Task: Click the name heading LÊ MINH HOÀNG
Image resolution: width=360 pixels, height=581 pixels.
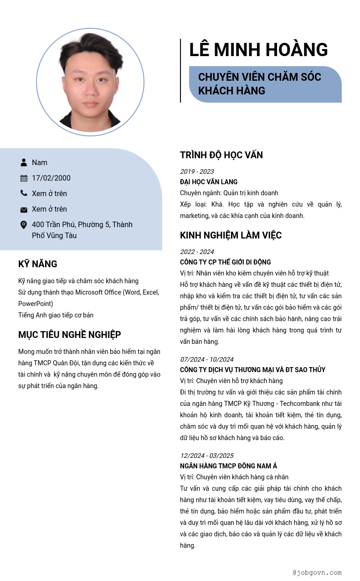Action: pos(258,50)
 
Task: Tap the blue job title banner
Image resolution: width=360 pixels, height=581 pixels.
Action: pos(265,84)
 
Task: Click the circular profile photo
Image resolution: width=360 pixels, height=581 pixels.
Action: pos(90,82)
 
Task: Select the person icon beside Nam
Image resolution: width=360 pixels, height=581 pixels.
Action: pos(24,162)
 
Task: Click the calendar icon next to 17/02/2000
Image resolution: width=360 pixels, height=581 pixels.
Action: pos(24,178)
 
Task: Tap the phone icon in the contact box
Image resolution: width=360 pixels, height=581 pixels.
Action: pos(24,193)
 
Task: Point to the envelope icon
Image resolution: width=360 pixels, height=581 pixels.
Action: pos(24,209)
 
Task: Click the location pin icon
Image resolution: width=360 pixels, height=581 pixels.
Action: pos(24,225)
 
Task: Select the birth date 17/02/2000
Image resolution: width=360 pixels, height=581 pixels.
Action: pos(51,178)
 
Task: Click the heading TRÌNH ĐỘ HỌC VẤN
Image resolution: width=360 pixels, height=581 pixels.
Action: pos(221,155)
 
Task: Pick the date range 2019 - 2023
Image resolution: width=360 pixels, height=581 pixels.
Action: pos(197,171)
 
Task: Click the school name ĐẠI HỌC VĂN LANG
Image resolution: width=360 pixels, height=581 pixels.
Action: pos(209,182)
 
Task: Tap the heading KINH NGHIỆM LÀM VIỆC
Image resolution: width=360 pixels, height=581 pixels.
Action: pos(231,235)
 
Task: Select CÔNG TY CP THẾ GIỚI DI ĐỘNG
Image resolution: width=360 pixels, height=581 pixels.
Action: pos(226,262)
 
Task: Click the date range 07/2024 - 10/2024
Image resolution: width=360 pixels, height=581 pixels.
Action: pos(206,359)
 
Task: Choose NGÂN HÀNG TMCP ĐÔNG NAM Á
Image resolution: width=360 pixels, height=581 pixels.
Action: pos(228,466)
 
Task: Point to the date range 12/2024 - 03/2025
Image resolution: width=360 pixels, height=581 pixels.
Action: pos(206,456)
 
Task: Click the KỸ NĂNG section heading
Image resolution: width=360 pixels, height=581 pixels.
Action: pos(38,264)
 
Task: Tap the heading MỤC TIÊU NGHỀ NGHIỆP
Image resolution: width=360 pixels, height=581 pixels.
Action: pos(70,335)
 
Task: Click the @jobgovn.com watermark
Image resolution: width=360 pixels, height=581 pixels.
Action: pos(317,572)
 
